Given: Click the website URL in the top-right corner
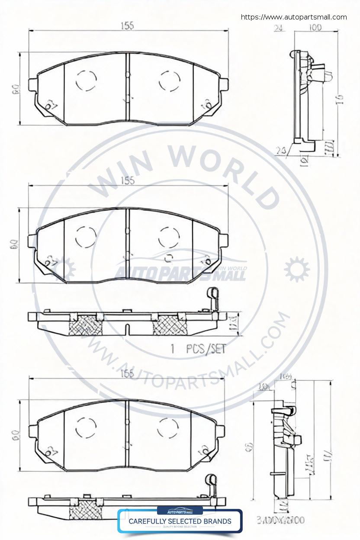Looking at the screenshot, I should coord(294,17).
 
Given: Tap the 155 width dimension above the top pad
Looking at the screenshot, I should coord(127,26).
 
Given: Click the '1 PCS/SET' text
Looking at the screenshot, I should coord(198,349).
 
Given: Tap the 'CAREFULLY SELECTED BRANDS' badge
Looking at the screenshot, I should coord(180,521).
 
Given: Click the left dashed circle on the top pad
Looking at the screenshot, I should coord(86,80).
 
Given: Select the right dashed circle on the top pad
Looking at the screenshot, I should coord(170,80).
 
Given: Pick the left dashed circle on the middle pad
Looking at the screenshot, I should coord(85,237).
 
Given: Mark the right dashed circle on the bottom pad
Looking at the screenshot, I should coord(168,428).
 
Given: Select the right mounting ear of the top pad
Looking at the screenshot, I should coord(224,84).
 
